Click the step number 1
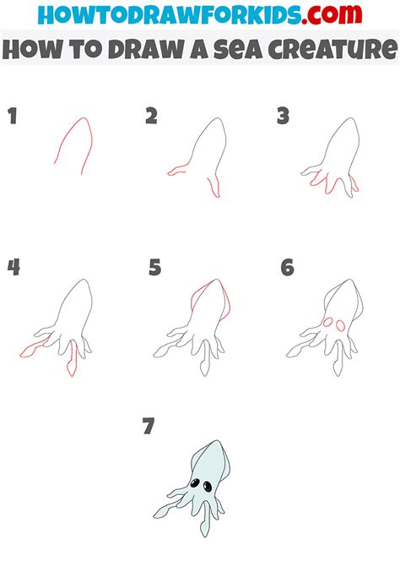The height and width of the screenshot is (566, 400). tap(13, 116)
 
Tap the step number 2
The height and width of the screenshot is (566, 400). tap(151, 116)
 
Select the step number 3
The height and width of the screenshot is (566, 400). tap(284, 116)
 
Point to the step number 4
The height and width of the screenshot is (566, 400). tap(14, 269)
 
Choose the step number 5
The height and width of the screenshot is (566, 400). tap(154, 269)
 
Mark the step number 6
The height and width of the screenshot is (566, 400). tap(287, 269)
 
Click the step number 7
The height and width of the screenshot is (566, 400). tap(149, 427)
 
